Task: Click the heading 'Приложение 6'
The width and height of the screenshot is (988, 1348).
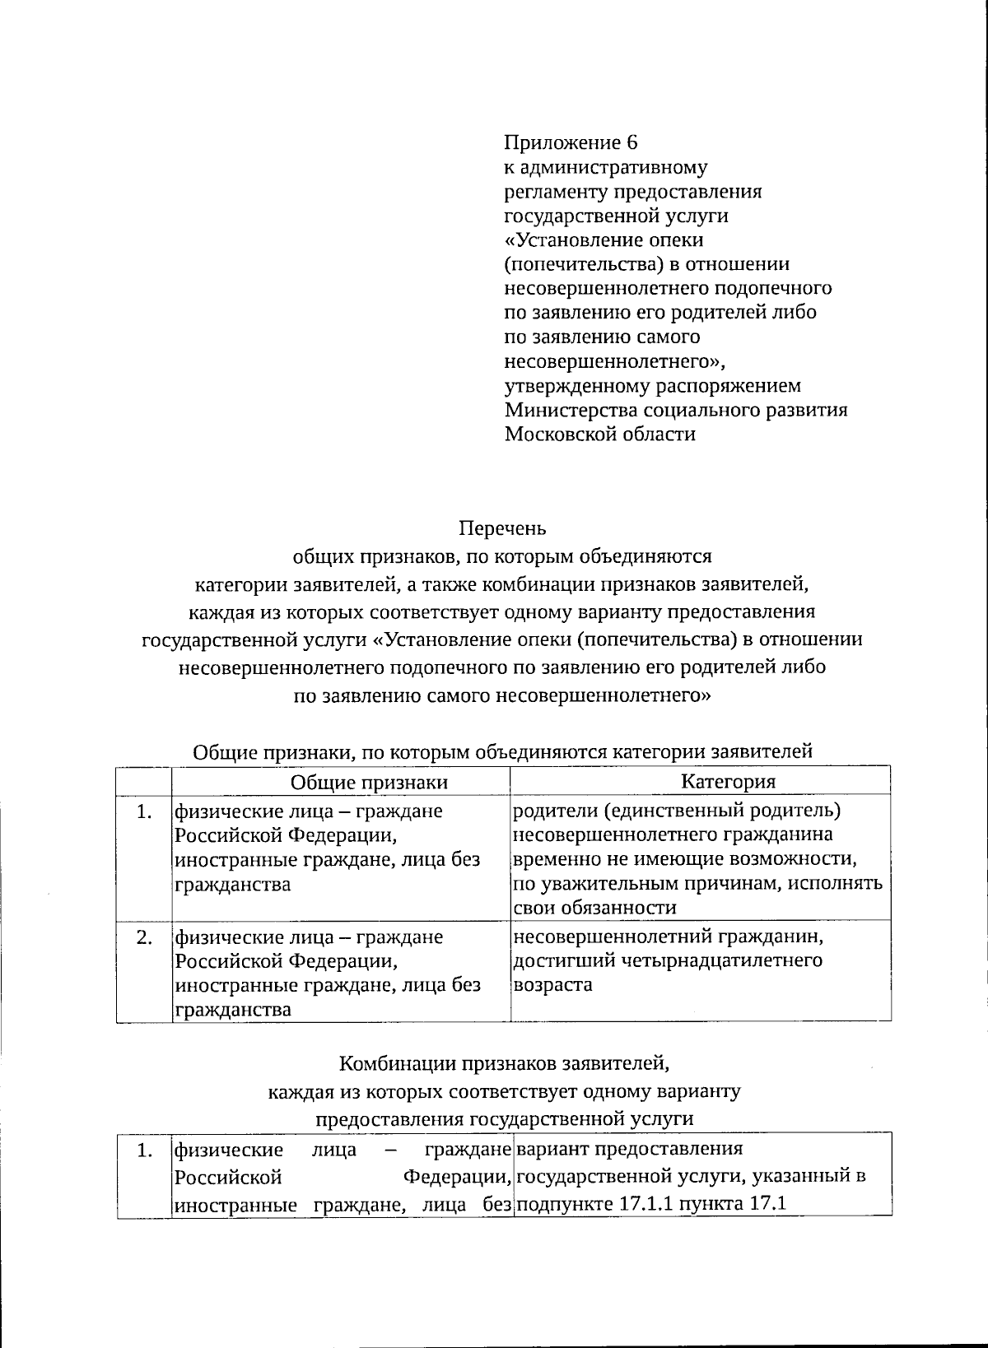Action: (x=571, y=143)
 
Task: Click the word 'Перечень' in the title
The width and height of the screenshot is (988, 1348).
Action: (x=501, y=528)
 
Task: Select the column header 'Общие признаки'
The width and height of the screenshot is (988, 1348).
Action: (x=369, y=782)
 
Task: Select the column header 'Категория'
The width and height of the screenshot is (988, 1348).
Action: (x=728, y=782)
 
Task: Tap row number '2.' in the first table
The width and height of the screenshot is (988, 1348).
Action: (x=145, y=937)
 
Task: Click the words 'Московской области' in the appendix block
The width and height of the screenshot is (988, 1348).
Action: (x=599, y=434)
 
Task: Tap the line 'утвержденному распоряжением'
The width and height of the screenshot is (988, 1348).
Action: (x=652, y=386)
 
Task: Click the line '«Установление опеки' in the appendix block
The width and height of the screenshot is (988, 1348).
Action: (x=604, y=240)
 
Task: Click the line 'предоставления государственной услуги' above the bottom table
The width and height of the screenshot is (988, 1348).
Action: (x=505, y=1118)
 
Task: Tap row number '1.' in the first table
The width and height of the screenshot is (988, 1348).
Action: (x=145, y=811)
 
